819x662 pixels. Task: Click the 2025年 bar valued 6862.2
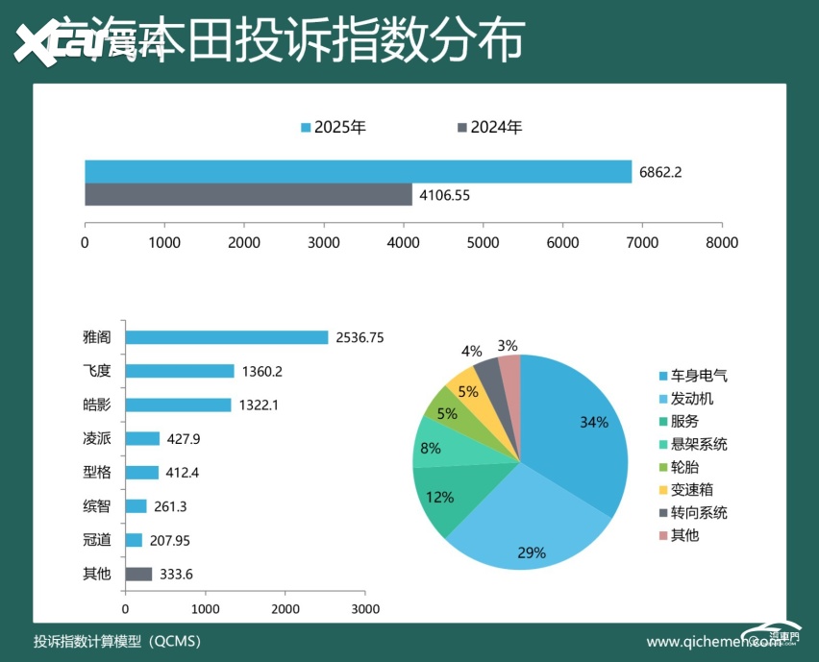pos(358,171)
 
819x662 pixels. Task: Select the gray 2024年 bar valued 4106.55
pos(248,194)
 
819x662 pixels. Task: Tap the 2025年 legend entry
pos(334,127)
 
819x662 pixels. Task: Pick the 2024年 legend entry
pos(489,127)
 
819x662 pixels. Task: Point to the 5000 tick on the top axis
pos(483,242)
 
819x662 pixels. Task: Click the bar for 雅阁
pos(227,337)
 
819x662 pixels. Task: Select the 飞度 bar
pos(180,371)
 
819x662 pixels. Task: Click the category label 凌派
pos(97,438)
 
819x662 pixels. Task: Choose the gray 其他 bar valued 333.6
pos(138,575)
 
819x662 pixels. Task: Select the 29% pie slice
pos(519,519)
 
